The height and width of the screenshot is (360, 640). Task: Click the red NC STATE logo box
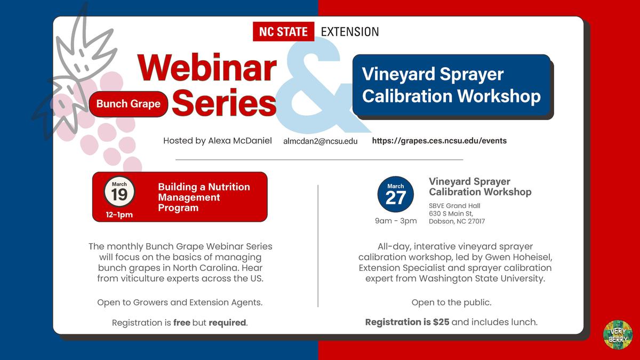(283, 31)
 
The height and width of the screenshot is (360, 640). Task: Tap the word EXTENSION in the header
(350, 31)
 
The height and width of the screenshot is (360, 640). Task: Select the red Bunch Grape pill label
(129, 103)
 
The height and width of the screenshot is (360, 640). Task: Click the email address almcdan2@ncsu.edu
(321, 141)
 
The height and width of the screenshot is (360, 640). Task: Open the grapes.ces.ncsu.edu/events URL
(439, 141)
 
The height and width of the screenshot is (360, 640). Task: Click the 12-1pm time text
(119, 215)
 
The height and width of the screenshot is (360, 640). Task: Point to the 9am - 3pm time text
(396, 221)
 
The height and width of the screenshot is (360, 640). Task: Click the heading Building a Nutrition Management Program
(204, 197)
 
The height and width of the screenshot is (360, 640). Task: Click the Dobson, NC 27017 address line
(457, 221)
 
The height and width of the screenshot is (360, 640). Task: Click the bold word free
(181, 323)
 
